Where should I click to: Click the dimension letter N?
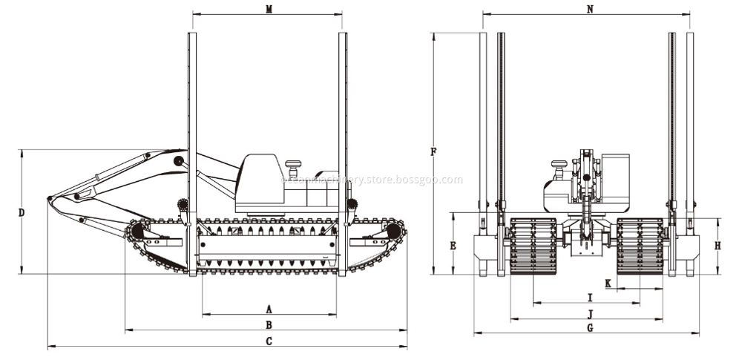click(590, 9)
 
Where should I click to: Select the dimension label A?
click(269, 308)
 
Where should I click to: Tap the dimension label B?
click(269, 324)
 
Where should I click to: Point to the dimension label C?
click(269, 341)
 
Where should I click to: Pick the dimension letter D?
click(22, 212)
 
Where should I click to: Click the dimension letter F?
click(433, 152)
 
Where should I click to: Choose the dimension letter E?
click(453, 244)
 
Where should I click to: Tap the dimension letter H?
click(718, 245)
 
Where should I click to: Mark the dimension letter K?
click(608, 283)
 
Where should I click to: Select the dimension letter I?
click(589, 297)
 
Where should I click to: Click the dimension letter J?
click(589, 313)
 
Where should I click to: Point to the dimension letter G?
click(589, 327)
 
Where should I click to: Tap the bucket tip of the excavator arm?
click(50, 198)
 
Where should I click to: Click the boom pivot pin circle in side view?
click(178, 161)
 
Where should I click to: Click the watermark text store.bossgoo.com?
click(371, 180)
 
